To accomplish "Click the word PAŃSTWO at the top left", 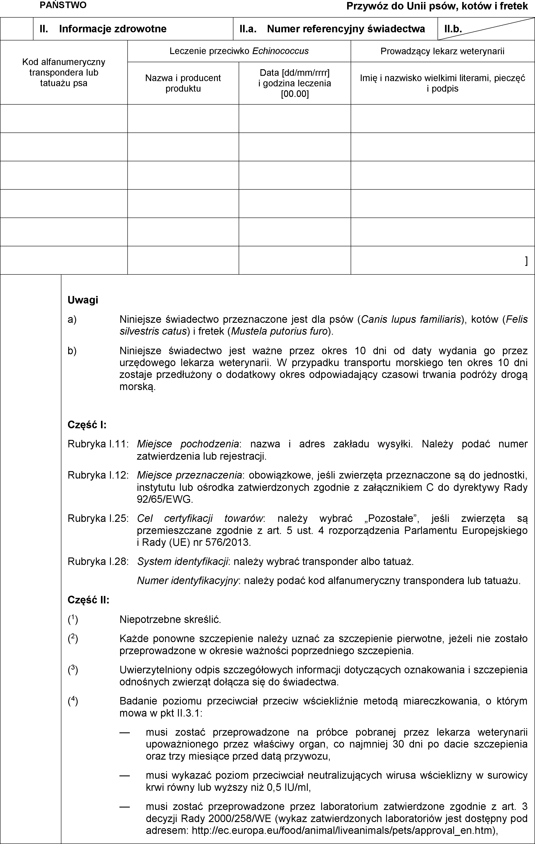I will click(x=63, y=5).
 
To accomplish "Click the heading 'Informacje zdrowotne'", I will click(x=113, y=29).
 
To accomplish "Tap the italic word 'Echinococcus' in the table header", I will click(x=280, y=51).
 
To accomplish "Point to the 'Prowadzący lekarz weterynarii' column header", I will click(x=442, y=51).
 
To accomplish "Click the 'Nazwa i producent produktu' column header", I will click(x=183, y=83).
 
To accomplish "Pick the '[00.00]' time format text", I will click(x=295, y=94).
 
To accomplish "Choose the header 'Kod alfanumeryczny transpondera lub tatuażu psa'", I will click(x=64, y=73).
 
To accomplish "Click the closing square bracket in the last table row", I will click(x=526, y=261).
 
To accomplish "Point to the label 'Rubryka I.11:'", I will click(x=98, y=444).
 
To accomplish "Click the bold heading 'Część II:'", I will click(x=88, y=600).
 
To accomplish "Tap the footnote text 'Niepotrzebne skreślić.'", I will click(x=170, y=620).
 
